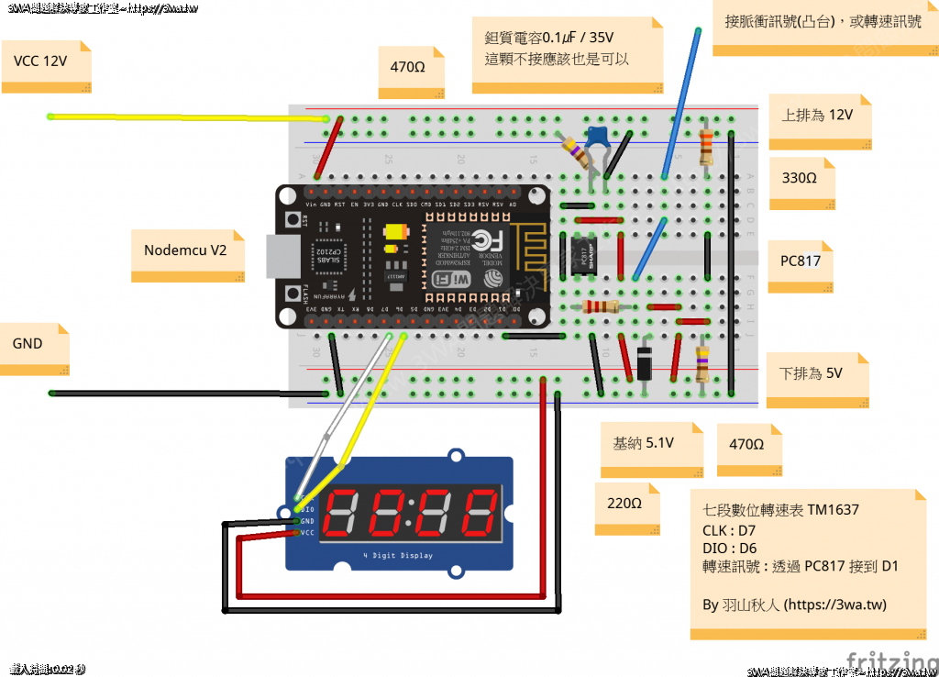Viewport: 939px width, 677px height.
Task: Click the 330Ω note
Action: click(x=800, y=178)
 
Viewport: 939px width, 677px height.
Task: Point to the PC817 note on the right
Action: click(x=800, y=261)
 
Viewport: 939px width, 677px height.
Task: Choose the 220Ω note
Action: click(x=626, y=504)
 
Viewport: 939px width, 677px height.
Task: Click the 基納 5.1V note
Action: click(x=645, y=444)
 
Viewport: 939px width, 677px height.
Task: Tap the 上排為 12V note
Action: click(x=818, y=116)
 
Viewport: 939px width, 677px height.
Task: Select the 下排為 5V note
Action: click(x=812, y=374)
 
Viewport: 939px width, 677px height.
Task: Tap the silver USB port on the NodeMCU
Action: click(x=272, y=256)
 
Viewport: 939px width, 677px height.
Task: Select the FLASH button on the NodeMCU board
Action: click(x=303, y=294)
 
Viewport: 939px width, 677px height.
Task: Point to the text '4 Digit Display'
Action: click(x=398, y=556)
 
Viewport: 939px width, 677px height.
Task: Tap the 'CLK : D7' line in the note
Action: click(x=730, y=529)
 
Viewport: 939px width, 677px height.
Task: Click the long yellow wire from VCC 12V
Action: click(x=183, y=117)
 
